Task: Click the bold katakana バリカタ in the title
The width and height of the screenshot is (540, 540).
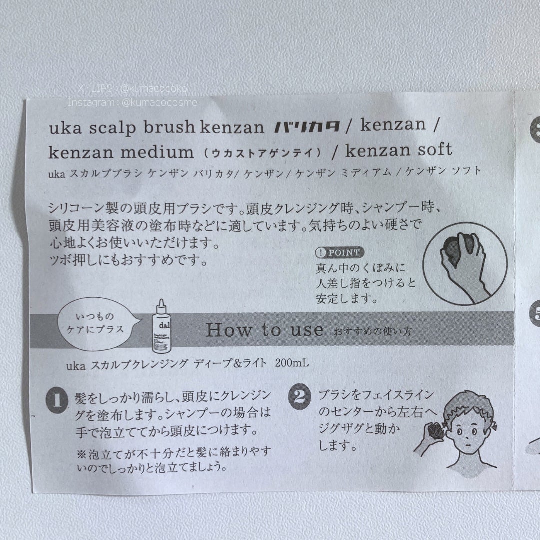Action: click(x=308, y=127)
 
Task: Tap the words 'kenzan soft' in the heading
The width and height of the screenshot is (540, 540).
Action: click(x=398, y=149)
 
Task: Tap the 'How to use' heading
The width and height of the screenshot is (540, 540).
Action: click(x=264, y=330)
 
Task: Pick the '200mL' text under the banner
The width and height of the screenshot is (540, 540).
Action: click(x=292, y=363)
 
